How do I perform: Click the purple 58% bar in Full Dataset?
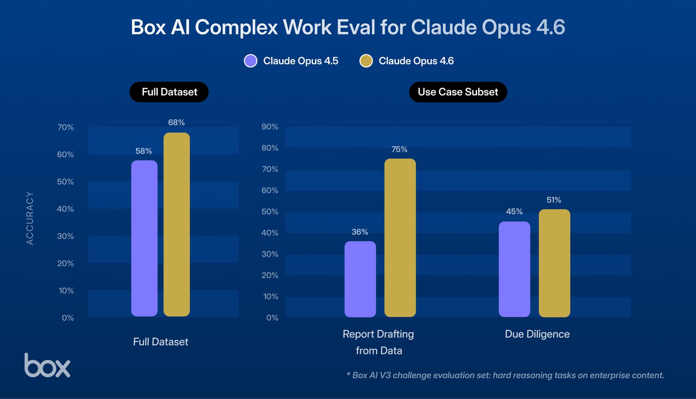[x=144, y=238]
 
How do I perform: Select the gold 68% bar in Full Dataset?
[x=177, y=224]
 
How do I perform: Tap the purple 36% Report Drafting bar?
[x=360, y=279]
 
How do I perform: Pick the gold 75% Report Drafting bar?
[x=400, y=238]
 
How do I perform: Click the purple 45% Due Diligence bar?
[x=514, y=269]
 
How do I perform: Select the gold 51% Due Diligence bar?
[x=554, y=263]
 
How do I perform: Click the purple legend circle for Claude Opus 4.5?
[x=251, y=61]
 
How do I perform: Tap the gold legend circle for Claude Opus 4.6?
[x=366, y=61]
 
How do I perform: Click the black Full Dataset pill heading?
[x=169, y=92]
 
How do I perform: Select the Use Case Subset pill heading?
[x=458, y=92]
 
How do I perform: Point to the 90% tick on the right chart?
[x=270, y=127]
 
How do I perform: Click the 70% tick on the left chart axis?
[x=65, y=127]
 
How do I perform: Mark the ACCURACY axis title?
[x=30, y=218]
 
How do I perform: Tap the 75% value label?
[x=399, y=149]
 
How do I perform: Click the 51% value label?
[x=554, y=200]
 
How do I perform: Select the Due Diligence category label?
[x=537, y=334]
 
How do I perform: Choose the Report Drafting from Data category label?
[x=379, y=342]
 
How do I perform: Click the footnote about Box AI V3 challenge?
[x=505, y=375]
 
